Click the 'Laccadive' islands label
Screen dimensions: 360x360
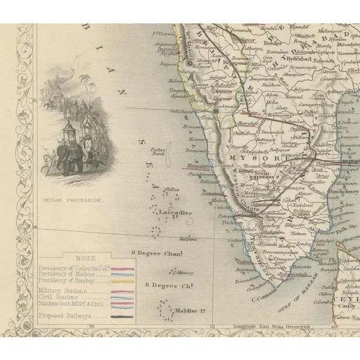[175, 213]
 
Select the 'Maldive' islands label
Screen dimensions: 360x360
[191, 310]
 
